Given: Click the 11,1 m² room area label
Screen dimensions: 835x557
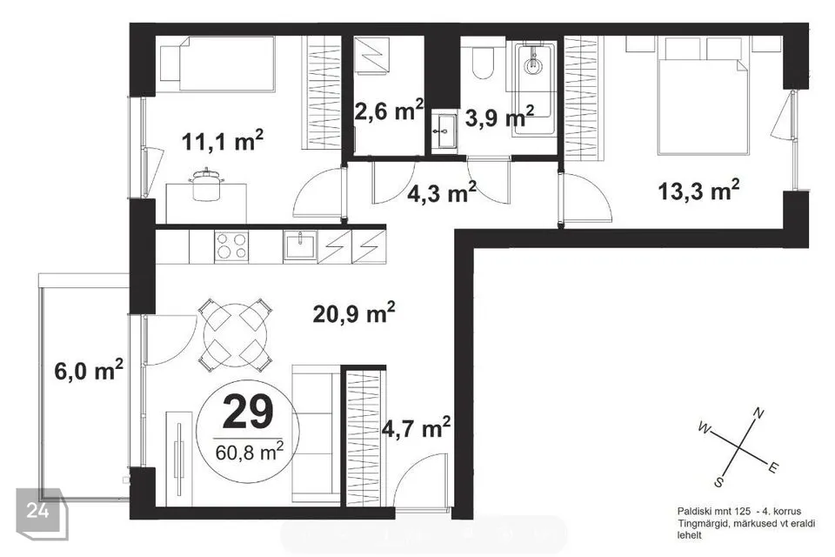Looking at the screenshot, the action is (x=223, y=141).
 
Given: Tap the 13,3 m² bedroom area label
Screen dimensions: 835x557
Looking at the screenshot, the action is (x=698, y=190).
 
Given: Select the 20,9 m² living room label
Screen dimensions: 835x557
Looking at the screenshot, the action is (x=354, y=313).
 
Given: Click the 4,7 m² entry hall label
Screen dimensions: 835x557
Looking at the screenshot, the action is (x=417, y=427).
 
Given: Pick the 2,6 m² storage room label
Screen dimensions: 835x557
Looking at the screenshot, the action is (x=390, y=111).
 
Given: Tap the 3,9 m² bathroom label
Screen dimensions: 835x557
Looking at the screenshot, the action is (x=499, y=117).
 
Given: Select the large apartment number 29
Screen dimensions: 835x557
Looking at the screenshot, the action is (x=248, y=413).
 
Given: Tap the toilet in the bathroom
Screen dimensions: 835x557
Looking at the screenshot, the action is (x=484, y=63).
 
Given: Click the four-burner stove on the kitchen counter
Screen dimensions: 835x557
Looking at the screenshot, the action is (x=231, y=246).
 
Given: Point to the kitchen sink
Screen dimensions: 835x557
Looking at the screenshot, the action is (x=300, y=245).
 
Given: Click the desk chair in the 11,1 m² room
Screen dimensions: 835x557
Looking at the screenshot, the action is (x=205, y=185).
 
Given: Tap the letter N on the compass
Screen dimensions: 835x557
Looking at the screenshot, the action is (x=758, y=413).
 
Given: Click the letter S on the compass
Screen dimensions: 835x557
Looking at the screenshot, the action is (x=719, y=483).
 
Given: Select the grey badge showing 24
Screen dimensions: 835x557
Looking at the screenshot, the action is (x=42, y=513).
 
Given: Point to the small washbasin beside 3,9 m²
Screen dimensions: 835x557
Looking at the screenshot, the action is (x=444, y=131).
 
